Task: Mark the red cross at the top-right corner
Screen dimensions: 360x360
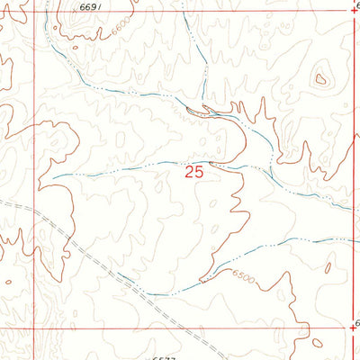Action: tap(351, 11)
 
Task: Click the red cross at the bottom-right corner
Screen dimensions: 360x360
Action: tap(351, 328)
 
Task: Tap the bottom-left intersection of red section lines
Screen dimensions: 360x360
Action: tap(37, 328)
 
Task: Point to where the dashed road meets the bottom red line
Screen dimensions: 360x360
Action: tap(175, 328)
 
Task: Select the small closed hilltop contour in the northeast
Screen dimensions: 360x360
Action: tap(320, 79)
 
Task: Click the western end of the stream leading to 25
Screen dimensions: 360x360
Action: tap(49, 175)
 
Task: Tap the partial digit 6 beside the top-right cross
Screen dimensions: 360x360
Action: tap(357, 6)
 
